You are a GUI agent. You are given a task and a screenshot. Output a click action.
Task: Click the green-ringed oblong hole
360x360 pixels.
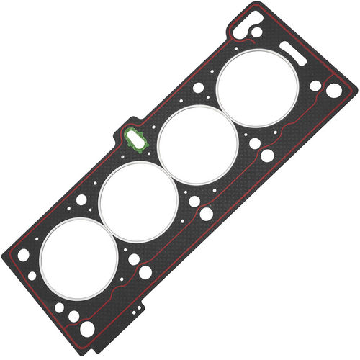tap(135, 139)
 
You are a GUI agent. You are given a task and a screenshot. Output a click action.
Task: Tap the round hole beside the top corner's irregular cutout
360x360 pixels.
tap(257, 32)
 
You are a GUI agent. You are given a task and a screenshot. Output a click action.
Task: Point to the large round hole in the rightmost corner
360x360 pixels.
tap(334, 90)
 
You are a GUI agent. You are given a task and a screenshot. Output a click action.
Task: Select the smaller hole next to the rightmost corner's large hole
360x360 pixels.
tap(315, 85)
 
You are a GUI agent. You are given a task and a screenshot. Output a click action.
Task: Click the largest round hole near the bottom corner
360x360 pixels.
tap(87, 328)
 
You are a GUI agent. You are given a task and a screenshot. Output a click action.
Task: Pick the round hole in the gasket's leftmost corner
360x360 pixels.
tap(24, 255)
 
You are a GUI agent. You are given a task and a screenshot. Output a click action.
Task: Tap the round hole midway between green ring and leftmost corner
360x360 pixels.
tap(81, 199)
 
